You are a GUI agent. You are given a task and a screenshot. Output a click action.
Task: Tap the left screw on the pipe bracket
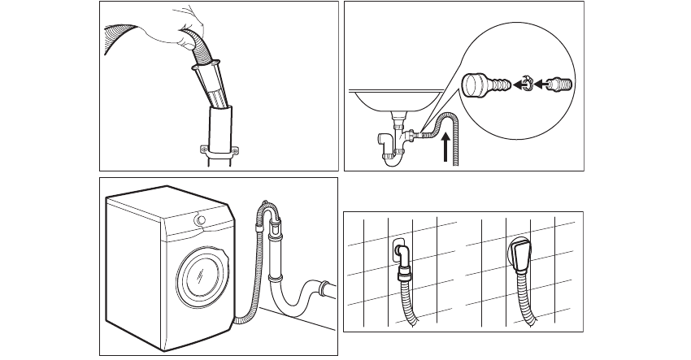(x=201, y=149)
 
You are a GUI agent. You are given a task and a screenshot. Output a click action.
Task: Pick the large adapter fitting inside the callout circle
(x=481, y=84)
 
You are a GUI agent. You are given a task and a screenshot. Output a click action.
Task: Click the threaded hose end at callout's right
(x=560, y=83)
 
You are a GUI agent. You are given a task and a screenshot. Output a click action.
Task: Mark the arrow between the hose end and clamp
(x=541, y=84)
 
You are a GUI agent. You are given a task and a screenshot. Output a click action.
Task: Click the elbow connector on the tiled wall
(x=401, y=254)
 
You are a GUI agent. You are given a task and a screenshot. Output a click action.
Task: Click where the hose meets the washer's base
(x=237, y=321)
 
